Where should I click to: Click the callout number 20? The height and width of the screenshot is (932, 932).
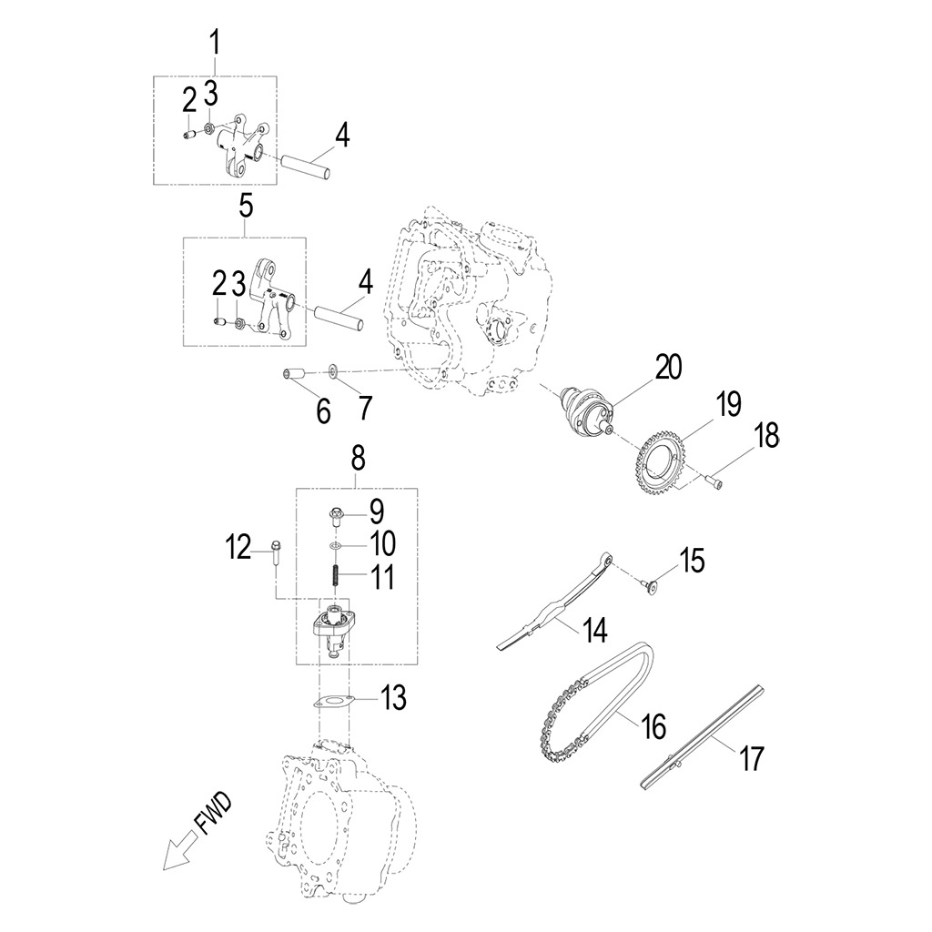(668, 367)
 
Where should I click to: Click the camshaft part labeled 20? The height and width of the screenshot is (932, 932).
(588, 407)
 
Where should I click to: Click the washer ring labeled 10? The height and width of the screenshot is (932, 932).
(336, 545)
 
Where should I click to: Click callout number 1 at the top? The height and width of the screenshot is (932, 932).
(216, 42)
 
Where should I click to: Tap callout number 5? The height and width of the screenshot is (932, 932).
(246, 206)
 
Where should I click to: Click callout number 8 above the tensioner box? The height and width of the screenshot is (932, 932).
(357, 458)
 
